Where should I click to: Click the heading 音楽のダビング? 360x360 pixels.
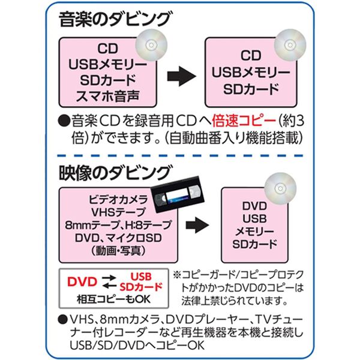pyautogui.click(x=115, y=20)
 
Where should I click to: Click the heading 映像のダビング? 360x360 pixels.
pyautogui.click(x=115, y=173)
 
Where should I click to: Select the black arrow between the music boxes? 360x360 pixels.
pyautogui.click(x=182, y=76)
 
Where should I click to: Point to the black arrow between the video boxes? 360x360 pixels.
pyautogui.click(x=197, y=225)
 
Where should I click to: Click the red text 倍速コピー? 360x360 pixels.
pyautogui.click(x=244, y=121)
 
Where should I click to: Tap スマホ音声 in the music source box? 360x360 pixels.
pyautogui.click(x=107, y=97)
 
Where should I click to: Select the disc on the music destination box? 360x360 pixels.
pyautogui.click(x=290, y=45)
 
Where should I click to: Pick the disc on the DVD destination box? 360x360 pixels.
pyautogui.click(x=280, y=188)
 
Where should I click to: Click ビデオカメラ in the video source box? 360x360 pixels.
pyautogui.click(x=118, y=200)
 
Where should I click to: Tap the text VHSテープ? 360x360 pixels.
pyautogui.click(x=118, y=212)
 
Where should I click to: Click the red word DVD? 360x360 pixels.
pyautogui.click(x=82, y=282)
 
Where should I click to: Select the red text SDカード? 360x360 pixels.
pyautogui.click(x=141, y=287)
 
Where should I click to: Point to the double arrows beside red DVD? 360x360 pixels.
pyautogui.click(x=109, y=282)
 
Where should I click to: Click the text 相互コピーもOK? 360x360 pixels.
pyautogui.click(x=113, y=299)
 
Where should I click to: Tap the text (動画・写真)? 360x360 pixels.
pyautogui.click(x=118, y=251)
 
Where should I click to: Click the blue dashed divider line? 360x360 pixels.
pyautogui.click(x=180, y=156)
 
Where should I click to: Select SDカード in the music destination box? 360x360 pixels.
pyautogui.click(x=251, y=89)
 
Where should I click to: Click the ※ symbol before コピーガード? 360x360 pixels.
pyautogui.click(x=177, y=275)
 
